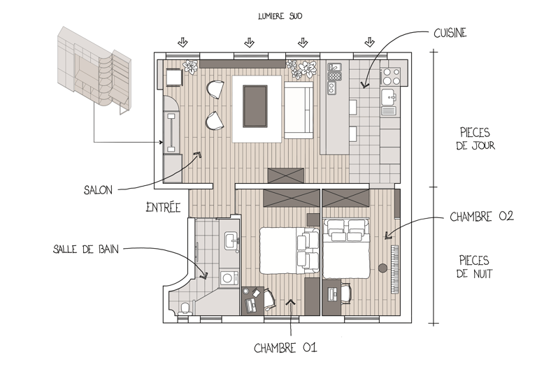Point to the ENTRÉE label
click(x=163, y=207)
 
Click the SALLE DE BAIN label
click(x=85, y=249)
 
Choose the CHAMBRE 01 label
click(x=289, y=347)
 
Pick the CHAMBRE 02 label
click(x=482, y=217)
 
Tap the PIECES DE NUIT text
click(x=475, y=266)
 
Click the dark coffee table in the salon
click(x=254, y=105)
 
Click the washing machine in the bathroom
click(x=228, y=278)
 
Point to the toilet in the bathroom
click(x=184, y=308)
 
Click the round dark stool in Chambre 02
click(x=382, y=267)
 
